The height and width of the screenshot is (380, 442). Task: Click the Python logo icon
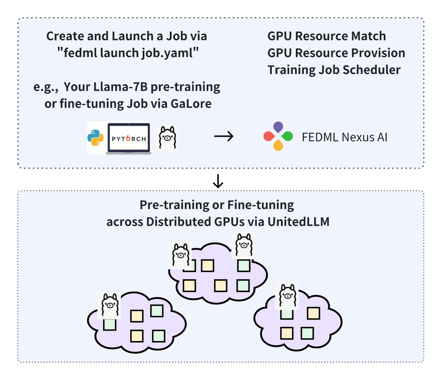click(x=96, y=138)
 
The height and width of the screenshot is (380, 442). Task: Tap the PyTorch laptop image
click(x=129, y=138)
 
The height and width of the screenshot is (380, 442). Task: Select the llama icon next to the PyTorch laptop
click(x=167, y=138)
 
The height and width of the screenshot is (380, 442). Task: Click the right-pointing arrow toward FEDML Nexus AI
click(x=224, y=136)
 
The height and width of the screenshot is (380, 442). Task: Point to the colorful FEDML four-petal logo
click(x=278, y=136)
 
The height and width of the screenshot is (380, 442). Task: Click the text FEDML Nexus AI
click(x=344, y=137)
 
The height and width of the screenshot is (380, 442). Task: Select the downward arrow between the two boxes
click(x=218, y=180)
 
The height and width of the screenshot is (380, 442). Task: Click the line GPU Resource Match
click(x=327, y=36)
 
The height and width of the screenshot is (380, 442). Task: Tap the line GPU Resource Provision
click(x=336, y=53)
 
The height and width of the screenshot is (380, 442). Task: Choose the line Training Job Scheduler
click(x=334, y=70)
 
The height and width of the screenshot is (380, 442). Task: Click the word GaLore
click(x=191, y=104)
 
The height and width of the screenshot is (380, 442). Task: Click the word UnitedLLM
click(x=298, y=222)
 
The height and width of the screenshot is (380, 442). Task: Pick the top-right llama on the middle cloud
click(x=243, y=245)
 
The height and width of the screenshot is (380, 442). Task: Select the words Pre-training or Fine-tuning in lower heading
click(x=217, y=205)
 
